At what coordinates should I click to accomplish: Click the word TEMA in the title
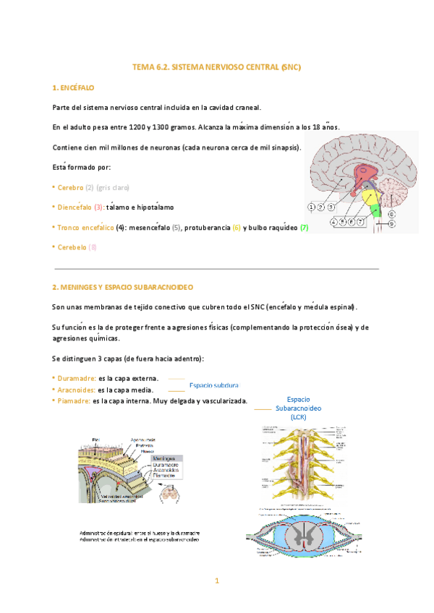140,67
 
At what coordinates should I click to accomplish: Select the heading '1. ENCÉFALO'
74,87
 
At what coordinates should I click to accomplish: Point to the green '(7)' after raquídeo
304,228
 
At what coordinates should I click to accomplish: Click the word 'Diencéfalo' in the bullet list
75,207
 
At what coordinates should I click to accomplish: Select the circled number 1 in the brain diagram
311,207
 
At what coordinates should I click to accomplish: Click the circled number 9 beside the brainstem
391,224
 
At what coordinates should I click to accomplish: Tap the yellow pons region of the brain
369,196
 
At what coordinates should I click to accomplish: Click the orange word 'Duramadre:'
77,378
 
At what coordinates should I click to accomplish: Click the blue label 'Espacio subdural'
213,385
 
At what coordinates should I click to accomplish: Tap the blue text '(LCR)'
299,417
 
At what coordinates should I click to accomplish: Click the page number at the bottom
216,580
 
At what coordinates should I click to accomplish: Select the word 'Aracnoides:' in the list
77,390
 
